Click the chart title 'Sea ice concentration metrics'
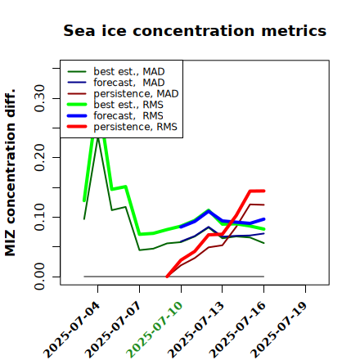195,31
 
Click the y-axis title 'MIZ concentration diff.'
11,173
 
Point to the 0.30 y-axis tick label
39,98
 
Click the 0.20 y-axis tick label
39,157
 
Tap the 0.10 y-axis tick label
39,217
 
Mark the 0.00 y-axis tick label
39,277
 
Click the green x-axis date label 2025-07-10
155,330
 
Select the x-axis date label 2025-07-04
71,330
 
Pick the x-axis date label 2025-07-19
279,330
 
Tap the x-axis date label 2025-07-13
196,330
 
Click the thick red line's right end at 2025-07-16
264,191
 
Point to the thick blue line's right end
264,219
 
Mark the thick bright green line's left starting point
84,200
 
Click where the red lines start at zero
167,277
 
